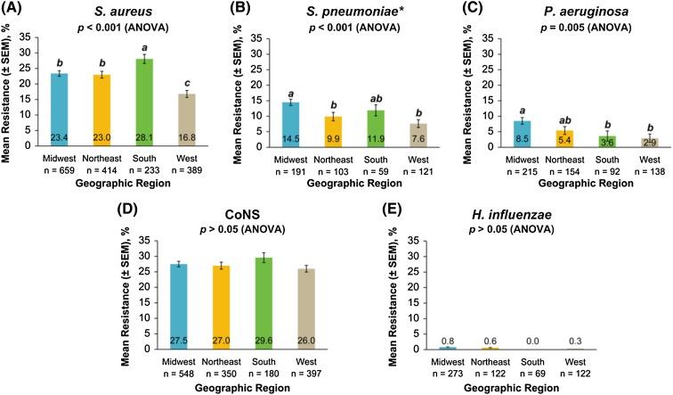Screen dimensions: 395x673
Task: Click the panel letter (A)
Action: click(17, 9)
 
